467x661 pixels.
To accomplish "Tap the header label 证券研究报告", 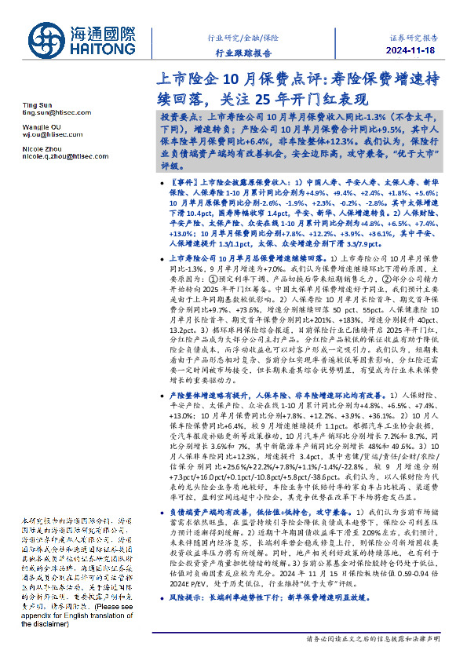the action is tap(413, 37).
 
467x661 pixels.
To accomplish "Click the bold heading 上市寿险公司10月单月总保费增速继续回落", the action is tap(248, 257).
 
